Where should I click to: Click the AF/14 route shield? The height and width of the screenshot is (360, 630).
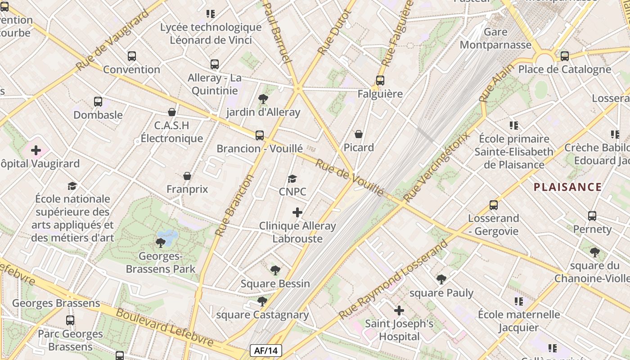coord(265,351)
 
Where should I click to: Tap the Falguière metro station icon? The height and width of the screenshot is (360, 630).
coord(380,81)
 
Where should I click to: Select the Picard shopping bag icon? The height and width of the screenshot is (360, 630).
coord(359,134)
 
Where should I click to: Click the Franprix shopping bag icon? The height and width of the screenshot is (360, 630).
coord(187,176)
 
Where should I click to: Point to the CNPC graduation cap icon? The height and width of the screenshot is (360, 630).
coord(292,179)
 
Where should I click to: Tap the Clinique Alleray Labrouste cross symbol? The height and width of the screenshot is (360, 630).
coord(297,212)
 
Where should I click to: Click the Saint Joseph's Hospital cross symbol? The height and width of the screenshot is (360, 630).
coord(399,310)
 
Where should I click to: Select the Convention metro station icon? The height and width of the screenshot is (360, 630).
coord(131,56)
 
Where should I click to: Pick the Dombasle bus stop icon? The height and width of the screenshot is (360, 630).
coord(98,102)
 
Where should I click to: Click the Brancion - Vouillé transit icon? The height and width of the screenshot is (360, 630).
coord(260,135)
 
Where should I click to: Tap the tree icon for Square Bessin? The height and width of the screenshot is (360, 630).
coord(275,270)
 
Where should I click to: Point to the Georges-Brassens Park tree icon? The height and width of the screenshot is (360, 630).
coord(160,243)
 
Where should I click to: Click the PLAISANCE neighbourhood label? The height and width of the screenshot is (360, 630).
coord(567,187)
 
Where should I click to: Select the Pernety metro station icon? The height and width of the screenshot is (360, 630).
coord(592,216)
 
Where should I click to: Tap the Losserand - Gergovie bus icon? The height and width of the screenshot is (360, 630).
coord(494,205)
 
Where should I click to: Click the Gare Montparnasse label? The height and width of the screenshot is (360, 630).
coord(495,38)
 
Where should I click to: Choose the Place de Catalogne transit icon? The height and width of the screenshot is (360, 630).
coord(565,56)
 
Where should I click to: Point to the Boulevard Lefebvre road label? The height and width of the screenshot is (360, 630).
coord(164,327)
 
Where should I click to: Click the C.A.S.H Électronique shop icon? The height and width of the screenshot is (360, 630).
coord(171,112)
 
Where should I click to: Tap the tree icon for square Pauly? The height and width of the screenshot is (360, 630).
coord(441,279)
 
